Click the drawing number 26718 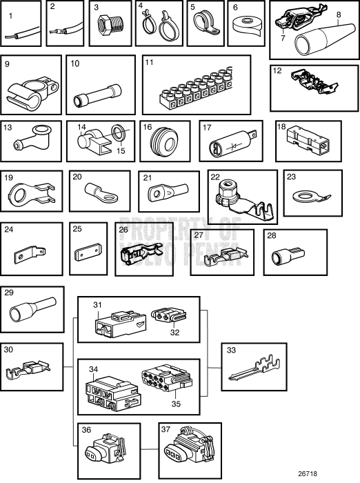(308, 473)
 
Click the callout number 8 (339, 14)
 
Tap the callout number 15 (121, 150)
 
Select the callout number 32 (174, 333)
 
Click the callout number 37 (166, 429)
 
